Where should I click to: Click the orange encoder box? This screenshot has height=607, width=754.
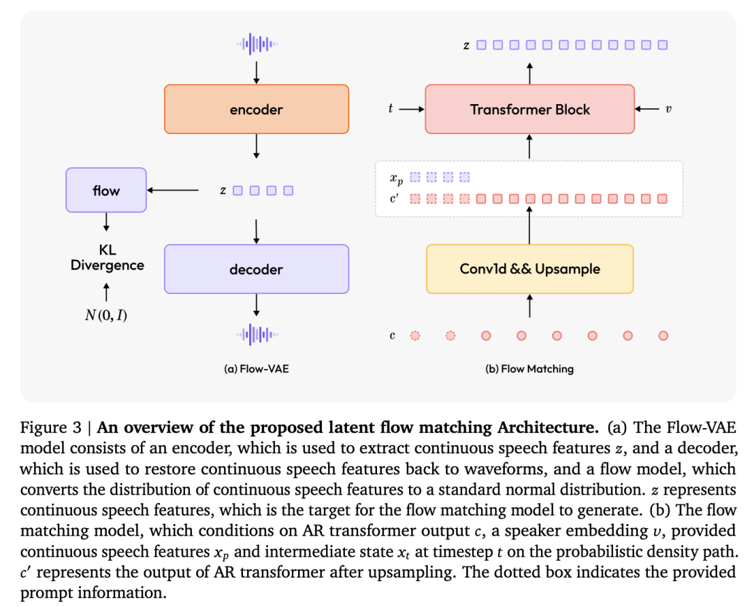tap(256, 109)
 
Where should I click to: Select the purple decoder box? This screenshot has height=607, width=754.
tap(256, 269)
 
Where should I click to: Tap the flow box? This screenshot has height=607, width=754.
tap(106, 190)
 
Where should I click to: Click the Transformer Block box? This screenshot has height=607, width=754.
tap(530, 109)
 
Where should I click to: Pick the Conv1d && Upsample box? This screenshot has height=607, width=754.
tap(530, 269)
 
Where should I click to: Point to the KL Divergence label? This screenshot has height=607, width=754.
tap(108, 258)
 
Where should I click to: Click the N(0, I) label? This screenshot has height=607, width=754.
tap(106, 315)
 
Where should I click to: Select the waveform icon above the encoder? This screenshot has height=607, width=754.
tap(257, 44)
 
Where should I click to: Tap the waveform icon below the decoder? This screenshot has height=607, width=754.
tap(257, 335)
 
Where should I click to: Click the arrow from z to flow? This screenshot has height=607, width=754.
tap(172, 191)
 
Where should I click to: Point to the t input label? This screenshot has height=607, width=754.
tap(390, 109)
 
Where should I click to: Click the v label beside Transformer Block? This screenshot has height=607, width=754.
tap(668, 109)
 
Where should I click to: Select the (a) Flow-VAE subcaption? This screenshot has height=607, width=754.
tap(256, 369)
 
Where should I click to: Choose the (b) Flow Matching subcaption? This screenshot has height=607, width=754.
tap(529, 369)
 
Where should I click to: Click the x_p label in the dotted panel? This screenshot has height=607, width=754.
tap(397, 179)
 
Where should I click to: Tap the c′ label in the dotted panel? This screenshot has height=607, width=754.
tap(394, 198)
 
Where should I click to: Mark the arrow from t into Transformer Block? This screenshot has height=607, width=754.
tap(412, 109)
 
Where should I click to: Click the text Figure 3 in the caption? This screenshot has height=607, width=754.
tap(51, 427)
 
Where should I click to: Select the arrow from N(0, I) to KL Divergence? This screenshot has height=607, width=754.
tap(106, 292)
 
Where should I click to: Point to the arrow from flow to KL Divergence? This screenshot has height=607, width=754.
tap(106, 222)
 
